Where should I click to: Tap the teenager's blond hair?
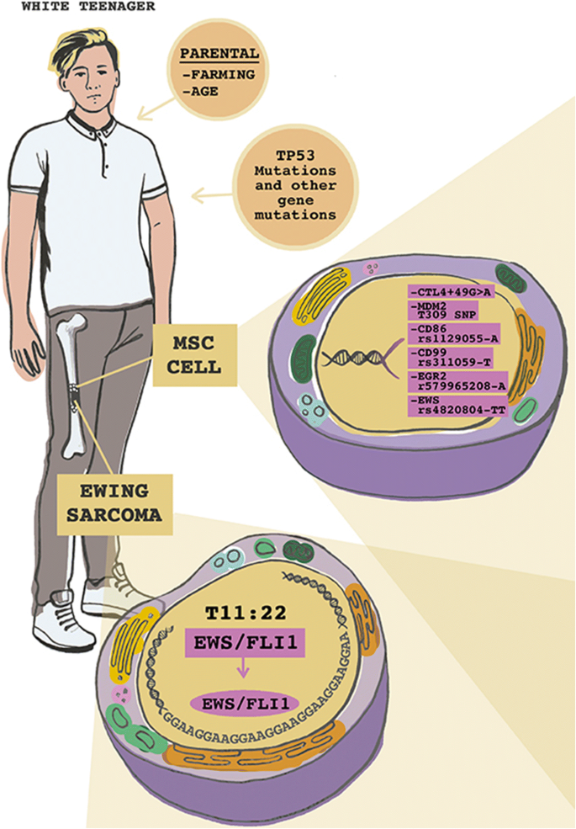87,38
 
